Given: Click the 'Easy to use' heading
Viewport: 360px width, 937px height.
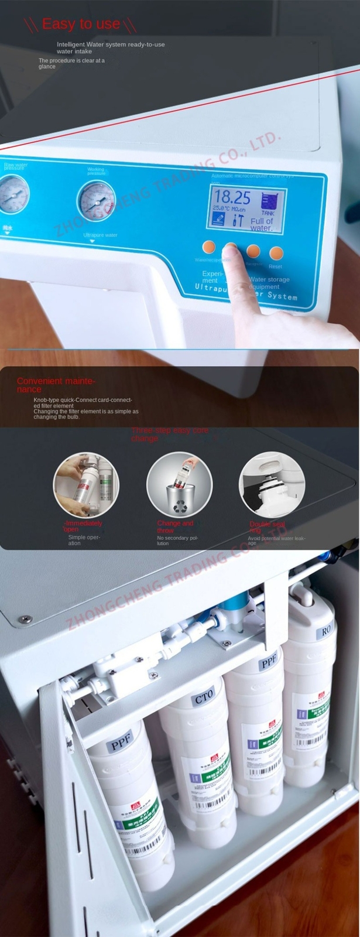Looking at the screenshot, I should (81, 24).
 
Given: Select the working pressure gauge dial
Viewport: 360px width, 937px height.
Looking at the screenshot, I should (96, 201).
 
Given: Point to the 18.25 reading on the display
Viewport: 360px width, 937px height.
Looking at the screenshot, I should (232, 197).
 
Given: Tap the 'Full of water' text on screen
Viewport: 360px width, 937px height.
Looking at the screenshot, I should (262, 224).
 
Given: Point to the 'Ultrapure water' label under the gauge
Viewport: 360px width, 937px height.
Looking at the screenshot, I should (100, 235).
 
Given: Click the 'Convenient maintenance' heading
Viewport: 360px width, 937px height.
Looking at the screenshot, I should (56, 385).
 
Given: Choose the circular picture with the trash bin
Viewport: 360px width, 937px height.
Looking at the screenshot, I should (179, 484).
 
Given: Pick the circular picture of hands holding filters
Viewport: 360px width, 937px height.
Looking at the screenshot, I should (85, 484).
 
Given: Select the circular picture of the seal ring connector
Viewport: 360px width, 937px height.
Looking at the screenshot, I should (272, 484).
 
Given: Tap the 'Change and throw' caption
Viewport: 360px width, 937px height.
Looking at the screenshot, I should (174, 526).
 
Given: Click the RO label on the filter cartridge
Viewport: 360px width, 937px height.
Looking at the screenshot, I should (326, 632).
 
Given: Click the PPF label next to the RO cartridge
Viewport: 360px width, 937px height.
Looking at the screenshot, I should (268, 663).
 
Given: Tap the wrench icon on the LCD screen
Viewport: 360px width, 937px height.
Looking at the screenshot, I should (238, 220).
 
